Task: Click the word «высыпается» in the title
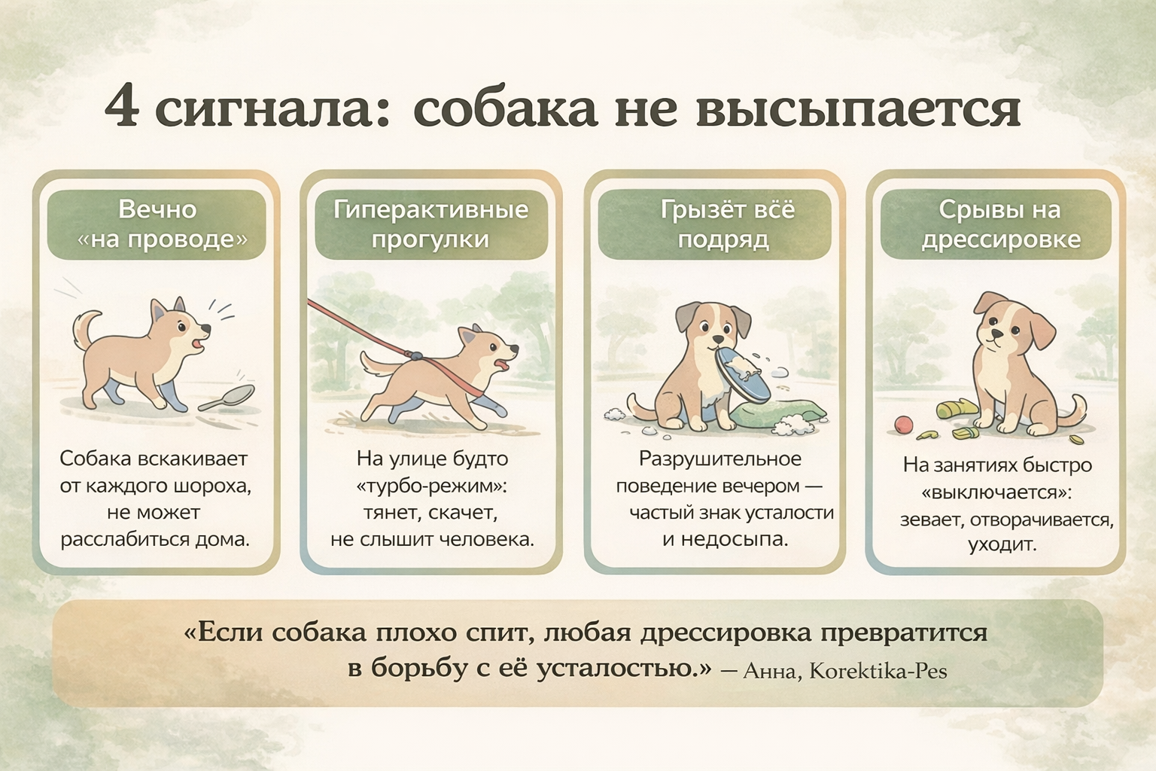click(x=858, y=110)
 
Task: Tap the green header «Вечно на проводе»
click(x=157, y=224)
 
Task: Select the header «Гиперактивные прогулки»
click(x=431, y=224)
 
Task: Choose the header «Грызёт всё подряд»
click(x=714, y=224)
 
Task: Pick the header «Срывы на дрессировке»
click(x=996, y=224)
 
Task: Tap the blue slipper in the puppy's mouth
click(x=742, y=374)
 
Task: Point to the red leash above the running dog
click(x=361, y=328)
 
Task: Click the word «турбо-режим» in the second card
click(x=431, y=486)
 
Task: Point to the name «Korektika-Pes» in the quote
click(x=878, y=671)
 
